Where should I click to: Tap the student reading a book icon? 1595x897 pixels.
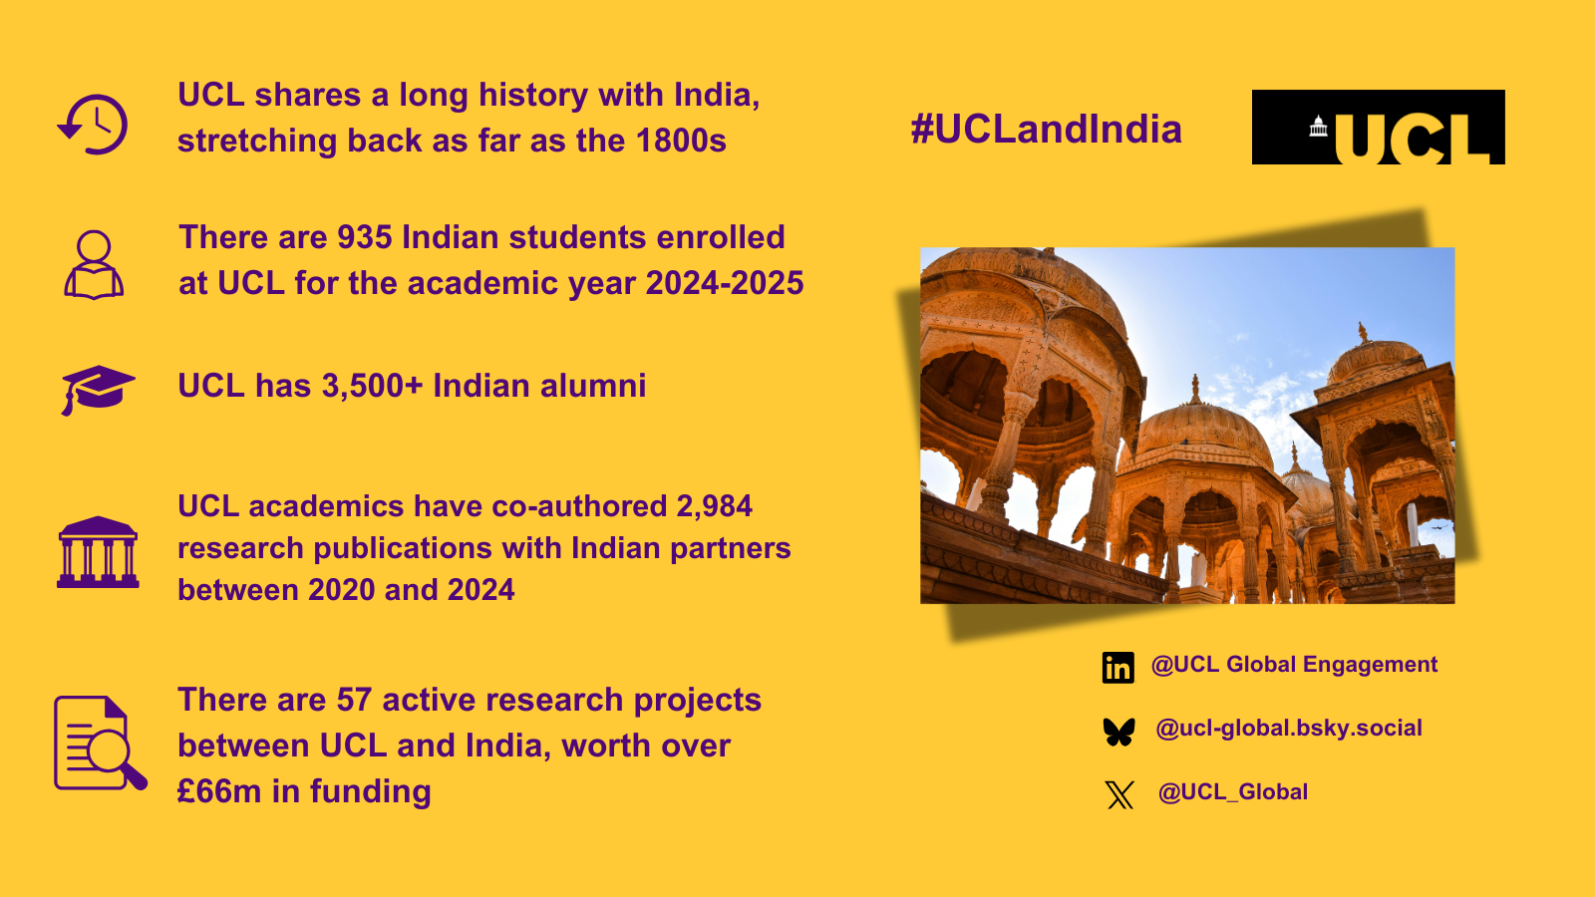(94, 265)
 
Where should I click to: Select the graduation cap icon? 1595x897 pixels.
(98, 390)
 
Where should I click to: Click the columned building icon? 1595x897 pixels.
(98, 552)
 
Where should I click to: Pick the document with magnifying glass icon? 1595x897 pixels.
(101, 744)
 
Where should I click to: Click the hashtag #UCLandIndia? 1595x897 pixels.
(1046, 129)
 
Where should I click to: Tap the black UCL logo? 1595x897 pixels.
(1378, 127)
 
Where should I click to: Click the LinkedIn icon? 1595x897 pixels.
(1117, 667)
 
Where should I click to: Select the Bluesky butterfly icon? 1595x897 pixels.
(1118, 732)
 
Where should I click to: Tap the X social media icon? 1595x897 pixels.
(1119, 794)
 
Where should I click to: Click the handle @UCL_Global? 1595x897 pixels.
(1232, 792)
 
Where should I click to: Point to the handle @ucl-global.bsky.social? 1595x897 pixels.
(1289, 729)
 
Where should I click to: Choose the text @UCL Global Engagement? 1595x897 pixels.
(1295, 665)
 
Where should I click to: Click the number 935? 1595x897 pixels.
(365, 237)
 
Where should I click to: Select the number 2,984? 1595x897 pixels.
(714, 507)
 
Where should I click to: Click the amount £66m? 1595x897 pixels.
(219, 791)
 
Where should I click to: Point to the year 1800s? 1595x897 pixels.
(682, 141)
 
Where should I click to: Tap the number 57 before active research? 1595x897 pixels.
(354, 700)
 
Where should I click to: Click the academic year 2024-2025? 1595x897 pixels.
(725, 283)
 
